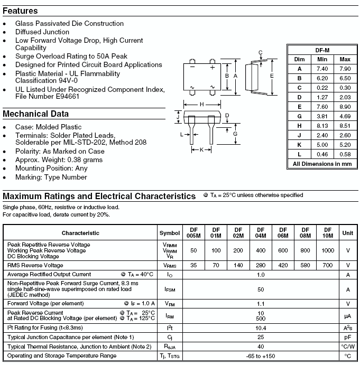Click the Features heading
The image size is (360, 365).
coord(20,11)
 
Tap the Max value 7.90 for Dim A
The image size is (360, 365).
coord(345,69)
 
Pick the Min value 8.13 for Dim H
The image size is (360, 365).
coord(322,126)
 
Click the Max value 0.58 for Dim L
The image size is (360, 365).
coord(345,154)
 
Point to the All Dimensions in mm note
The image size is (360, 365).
coord(322,164)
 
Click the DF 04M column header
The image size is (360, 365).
coord(261,233)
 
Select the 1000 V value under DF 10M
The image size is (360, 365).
coord(328,250)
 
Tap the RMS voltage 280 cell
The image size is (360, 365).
coord(261,265)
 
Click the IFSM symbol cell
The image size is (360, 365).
coord(170,289)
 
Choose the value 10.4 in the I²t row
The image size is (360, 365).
coord(261,328)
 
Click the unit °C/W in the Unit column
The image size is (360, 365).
coord(348,347)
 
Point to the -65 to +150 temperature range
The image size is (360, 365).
coord(261,356)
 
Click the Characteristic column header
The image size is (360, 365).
coord(80,233)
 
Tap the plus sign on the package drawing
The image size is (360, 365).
coord(212,68)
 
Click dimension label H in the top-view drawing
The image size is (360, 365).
coord(201,104)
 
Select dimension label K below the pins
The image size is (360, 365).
coord(201,150)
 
